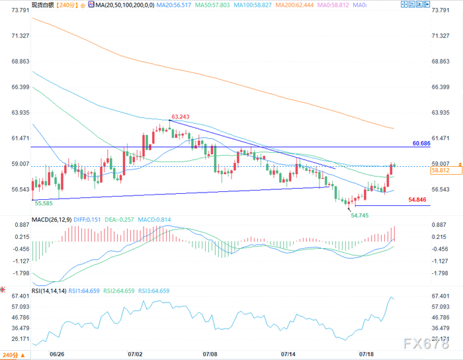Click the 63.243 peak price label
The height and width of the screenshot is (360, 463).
(x=181, y=117)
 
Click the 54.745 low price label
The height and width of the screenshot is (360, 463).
(x=360, y=216)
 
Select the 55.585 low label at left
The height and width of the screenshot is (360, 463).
(x=44, y=203)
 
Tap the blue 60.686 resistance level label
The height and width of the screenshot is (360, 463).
(x=421, y=144)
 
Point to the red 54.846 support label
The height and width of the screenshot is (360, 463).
(x=417, y=200)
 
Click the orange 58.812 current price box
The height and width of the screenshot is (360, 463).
(x=446, y=170)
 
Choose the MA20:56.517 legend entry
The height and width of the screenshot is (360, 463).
(x=174, y=5)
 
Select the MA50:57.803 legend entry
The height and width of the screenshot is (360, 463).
(x=212, y=5)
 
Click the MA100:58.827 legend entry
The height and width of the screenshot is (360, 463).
(x=253, y=5)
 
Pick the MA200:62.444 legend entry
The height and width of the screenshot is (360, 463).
(x=294, y=5)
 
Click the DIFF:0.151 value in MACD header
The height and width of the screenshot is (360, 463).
(x=87, y=220)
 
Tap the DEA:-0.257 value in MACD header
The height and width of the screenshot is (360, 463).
(x=119, y=220)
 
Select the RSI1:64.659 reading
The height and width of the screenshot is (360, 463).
(x=84, y=291)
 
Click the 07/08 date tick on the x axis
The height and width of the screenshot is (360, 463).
(x=210, y=354)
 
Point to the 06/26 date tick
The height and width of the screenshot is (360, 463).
(x=57, y=354)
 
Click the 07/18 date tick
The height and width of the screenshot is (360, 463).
(x=366, y=354)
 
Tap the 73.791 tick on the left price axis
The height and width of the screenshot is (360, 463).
(x=21, y=11)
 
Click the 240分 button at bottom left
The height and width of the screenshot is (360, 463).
(x=14, y=355)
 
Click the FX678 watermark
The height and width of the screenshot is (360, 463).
(x=426, y=343)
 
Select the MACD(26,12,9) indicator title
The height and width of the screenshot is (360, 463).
(x=52, y=220)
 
